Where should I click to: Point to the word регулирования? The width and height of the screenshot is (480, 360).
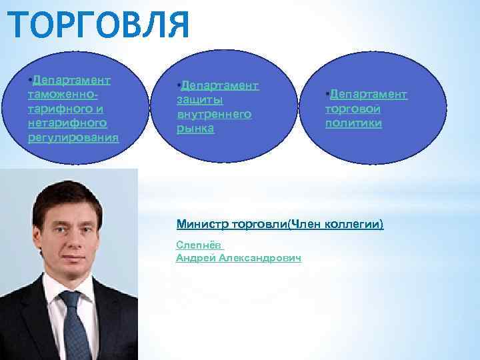point(70,137)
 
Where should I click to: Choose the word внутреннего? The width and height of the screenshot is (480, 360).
point(213,114)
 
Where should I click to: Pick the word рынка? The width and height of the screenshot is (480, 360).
point(195,128)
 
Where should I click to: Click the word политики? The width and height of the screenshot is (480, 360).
point(353,123)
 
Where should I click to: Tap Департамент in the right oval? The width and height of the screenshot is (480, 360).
point(369,94)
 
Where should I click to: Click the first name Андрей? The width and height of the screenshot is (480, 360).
point(195,258)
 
